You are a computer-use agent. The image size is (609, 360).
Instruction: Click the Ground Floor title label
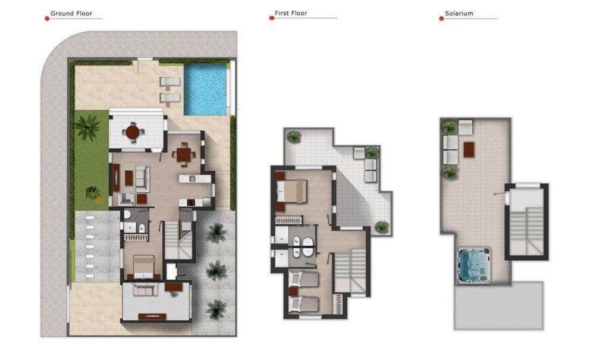pyautogui.click(x=71, y=13)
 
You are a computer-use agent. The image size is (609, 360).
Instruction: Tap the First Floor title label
pyautogui.click(x=291, y=13)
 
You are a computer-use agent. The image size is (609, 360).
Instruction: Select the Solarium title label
pyautogui.click(x=459, y=13)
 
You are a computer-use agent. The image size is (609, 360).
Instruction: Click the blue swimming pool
pyautogui.click(x=205, y=89)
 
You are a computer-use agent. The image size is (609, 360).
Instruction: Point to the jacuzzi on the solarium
pyautogui.click(x=474, y=265)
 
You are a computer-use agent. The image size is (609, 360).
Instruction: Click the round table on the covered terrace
pyautogui.click(x=133, y=132)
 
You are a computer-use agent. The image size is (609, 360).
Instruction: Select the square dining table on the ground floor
pyautogui.click(x=183, y=154)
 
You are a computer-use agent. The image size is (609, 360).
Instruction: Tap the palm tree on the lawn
pyautogui.click(x=87, y=127)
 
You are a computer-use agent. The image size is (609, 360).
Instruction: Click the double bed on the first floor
pyautogui.click(x=291, y=191)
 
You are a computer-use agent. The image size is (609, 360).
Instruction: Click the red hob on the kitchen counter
pyautogui.click(x=191, y=202)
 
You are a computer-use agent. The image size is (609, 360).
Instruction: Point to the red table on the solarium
pyautogui.click(x=469, y=149)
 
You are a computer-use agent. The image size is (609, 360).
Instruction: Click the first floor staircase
pyautogui.click(x=350, y=271)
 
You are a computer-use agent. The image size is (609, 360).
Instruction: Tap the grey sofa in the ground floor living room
pyautogui.click(x=142, y=178)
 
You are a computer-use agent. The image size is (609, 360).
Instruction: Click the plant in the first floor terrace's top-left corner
pyautogui.click(x=294, y=137)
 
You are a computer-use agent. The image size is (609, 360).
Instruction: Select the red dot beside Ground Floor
pyautogui.click(x=47, y=18)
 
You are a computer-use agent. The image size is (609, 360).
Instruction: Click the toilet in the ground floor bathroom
pyautogui.click(x=142, y=227)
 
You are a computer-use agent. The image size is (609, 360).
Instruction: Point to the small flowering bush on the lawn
pyautogui.click(x=92, y=192)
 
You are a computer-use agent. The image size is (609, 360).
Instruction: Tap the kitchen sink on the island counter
pyautogui.click(x=191, y=179)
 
